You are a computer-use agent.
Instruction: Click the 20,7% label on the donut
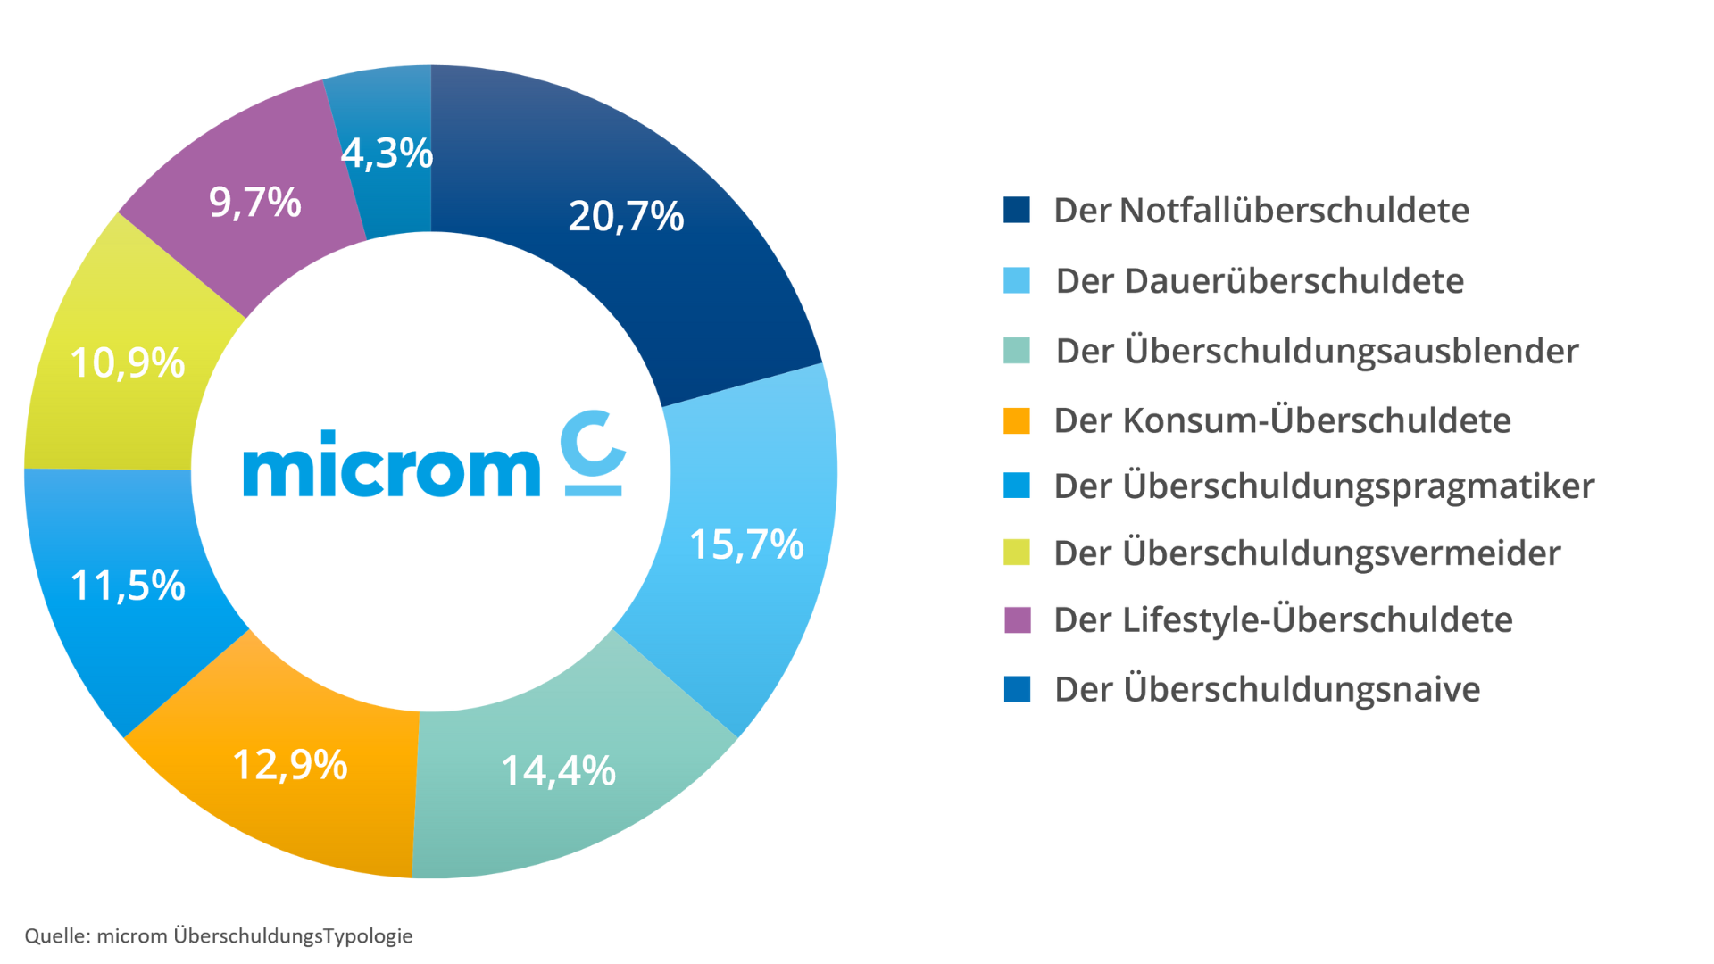[x=626, y=216]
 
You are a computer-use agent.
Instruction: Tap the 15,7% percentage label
[x=746, y=544]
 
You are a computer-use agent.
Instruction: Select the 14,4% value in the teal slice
[x=558, y=770]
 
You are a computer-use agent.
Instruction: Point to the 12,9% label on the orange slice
[x=290, y=765]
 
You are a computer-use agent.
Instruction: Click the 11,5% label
[x=128, y=586]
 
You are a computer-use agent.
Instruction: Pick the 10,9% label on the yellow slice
[x=128, y=363]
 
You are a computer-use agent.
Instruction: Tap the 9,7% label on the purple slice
[x=255, y=202]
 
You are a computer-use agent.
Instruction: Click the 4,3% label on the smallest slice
[x=387, y=154]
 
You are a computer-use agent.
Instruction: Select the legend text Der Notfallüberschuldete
[x=1261, y=211]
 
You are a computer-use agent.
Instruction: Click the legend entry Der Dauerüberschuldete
[x=1259, y=281]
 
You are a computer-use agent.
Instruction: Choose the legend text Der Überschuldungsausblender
[x=1317, y=351]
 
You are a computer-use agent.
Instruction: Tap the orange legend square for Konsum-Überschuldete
[x=1016, y=420]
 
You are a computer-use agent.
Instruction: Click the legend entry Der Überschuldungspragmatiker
[x=1323, y=486]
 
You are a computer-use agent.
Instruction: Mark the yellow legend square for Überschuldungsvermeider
[x=1016, y=553]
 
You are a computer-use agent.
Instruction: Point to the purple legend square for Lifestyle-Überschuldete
[x=1017, y=619]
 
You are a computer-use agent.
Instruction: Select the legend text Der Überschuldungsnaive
[x=1267, y=689]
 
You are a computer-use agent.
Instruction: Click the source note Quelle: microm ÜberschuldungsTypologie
[x=219, y=935]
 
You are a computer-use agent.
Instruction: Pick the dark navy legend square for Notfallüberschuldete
[x=1016, y=210]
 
